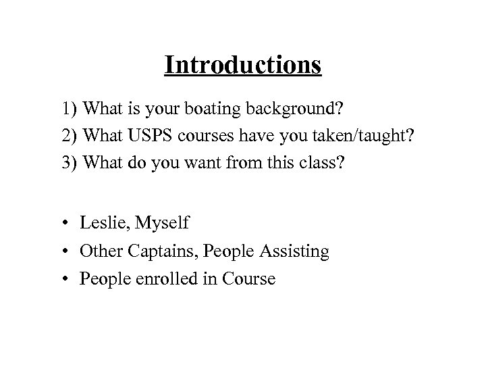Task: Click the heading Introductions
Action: click(243, 66)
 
